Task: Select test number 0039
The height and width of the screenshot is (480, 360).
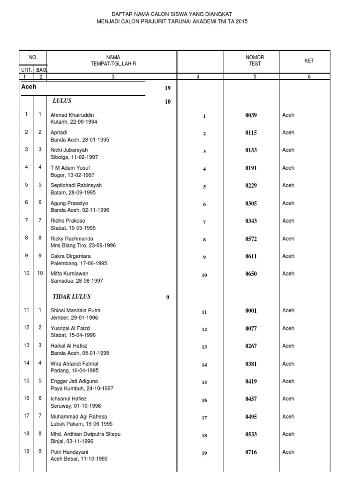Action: pyautogui.click(x=251, y=115)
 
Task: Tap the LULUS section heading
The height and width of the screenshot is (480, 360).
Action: pyautogui.click(x=62, y=101)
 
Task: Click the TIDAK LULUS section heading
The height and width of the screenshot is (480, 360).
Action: pyautogui.click(x=71, y=297)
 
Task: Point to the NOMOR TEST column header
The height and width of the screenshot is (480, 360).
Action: pyautogui.click(x=255, y=60)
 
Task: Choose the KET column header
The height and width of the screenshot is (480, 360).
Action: pyautogui.click(x=309, y=60)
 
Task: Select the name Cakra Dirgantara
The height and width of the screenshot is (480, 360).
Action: pyautogui.click(x=70, y=256)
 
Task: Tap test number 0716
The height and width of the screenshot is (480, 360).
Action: pyautogui.click(x=251, y=453)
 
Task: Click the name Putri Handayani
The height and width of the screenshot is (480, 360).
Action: pyautogui.click(x=69, y=452)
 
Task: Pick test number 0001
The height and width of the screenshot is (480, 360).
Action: pyautogui.click(x=251, y=311)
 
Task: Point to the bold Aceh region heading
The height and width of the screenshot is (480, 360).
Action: pyautogui.click(x=29, y=87)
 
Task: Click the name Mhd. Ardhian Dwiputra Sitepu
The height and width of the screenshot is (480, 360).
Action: pyautogui.click(x=85, y=434)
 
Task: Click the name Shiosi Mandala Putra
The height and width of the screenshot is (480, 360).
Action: pyautogui.click(x=75, y=310)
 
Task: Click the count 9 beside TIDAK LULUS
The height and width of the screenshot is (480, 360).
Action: pyautogui.click(x=167, y=297)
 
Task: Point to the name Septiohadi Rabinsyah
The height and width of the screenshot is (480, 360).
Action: pyautogui.click(x=76, y=186)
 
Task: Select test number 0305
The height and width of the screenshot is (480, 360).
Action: pyautogui.click(x=251, y=204)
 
